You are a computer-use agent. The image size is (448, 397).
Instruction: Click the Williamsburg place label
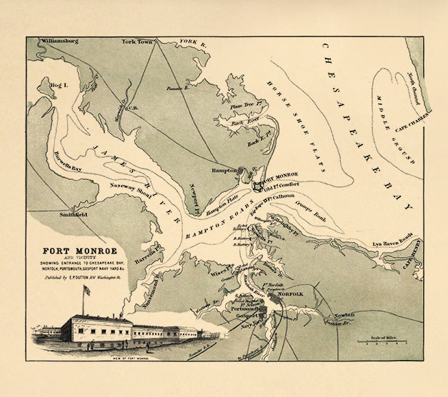click(x=59, y=42)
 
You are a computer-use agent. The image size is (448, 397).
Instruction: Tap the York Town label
click(x=139, y=42)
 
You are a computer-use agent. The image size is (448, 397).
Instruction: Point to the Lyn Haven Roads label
click(x=392, y=244)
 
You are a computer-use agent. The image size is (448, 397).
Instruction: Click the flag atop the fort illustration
click(x=87, y=291)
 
